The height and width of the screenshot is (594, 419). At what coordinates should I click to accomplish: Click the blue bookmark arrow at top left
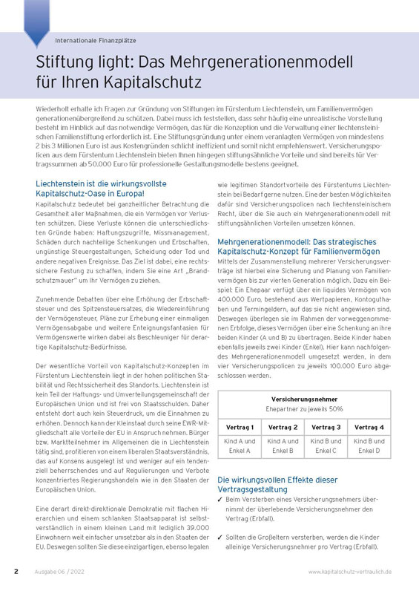click(36, 22)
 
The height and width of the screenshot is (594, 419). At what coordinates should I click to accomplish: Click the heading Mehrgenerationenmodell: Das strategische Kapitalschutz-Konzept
click(297, 247)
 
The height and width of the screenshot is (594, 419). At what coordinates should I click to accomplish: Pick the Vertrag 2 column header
click(283, 428)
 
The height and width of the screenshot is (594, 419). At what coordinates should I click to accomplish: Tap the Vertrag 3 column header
click(326, 428)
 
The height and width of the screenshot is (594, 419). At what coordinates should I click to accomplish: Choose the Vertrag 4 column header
click(369, 428)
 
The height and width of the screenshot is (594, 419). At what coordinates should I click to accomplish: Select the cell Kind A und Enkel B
click(283, 446)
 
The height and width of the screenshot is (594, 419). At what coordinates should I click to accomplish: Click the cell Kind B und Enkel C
click(326, 446)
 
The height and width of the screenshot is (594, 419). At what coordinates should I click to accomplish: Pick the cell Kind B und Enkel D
click(369, 446)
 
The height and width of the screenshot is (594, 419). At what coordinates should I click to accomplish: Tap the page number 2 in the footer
click(16, 572)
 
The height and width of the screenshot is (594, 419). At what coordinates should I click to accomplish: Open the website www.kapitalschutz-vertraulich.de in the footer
click(350, 572)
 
